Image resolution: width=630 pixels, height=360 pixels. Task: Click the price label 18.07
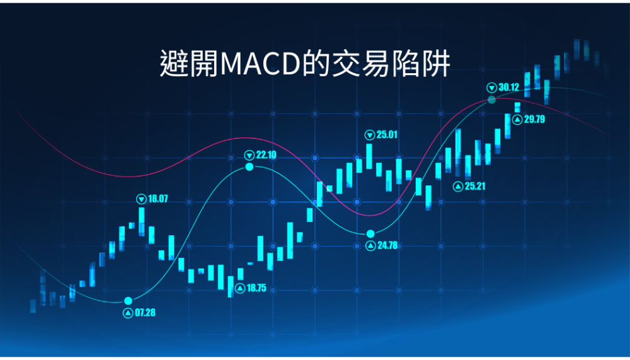pos(158,199)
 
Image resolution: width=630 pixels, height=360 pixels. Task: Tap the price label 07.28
pos(145,313)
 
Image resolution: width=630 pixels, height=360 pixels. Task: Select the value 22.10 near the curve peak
pos(266,155)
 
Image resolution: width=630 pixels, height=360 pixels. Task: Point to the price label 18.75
pos(256,288)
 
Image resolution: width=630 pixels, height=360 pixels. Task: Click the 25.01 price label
pos(387,134)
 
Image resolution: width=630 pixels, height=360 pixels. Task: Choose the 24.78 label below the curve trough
pos(387,245)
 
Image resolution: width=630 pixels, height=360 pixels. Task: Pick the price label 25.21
pos(475,186)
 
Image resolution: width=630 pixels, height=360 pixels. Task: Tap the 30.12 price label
pos(508,87)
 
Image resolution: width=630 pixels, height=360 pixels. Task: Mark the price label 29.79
pos(534,119)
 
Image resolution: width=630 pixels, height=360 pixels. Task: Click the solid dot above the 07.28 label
pos(128,301)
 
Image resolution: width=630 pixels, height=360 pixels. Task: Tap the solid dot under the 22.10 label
pos(249,166)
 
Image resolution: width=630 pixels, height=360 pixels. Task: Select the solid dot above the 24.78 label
pos(370,234)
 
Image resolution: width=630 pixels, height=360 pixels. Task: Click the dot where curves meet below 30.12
pos(492,100)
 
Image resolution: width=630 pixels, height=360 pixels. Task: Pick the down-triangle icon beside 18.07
pos(141,199)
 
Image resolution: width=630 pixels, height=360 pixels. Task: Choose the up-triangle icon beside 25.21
pos(458,187)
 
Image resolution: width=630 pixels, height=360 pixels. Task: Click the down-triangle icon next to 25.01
pos(370,135)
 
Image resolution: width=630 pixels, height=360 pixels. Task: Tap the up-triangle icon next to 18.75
pos(240,288)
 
